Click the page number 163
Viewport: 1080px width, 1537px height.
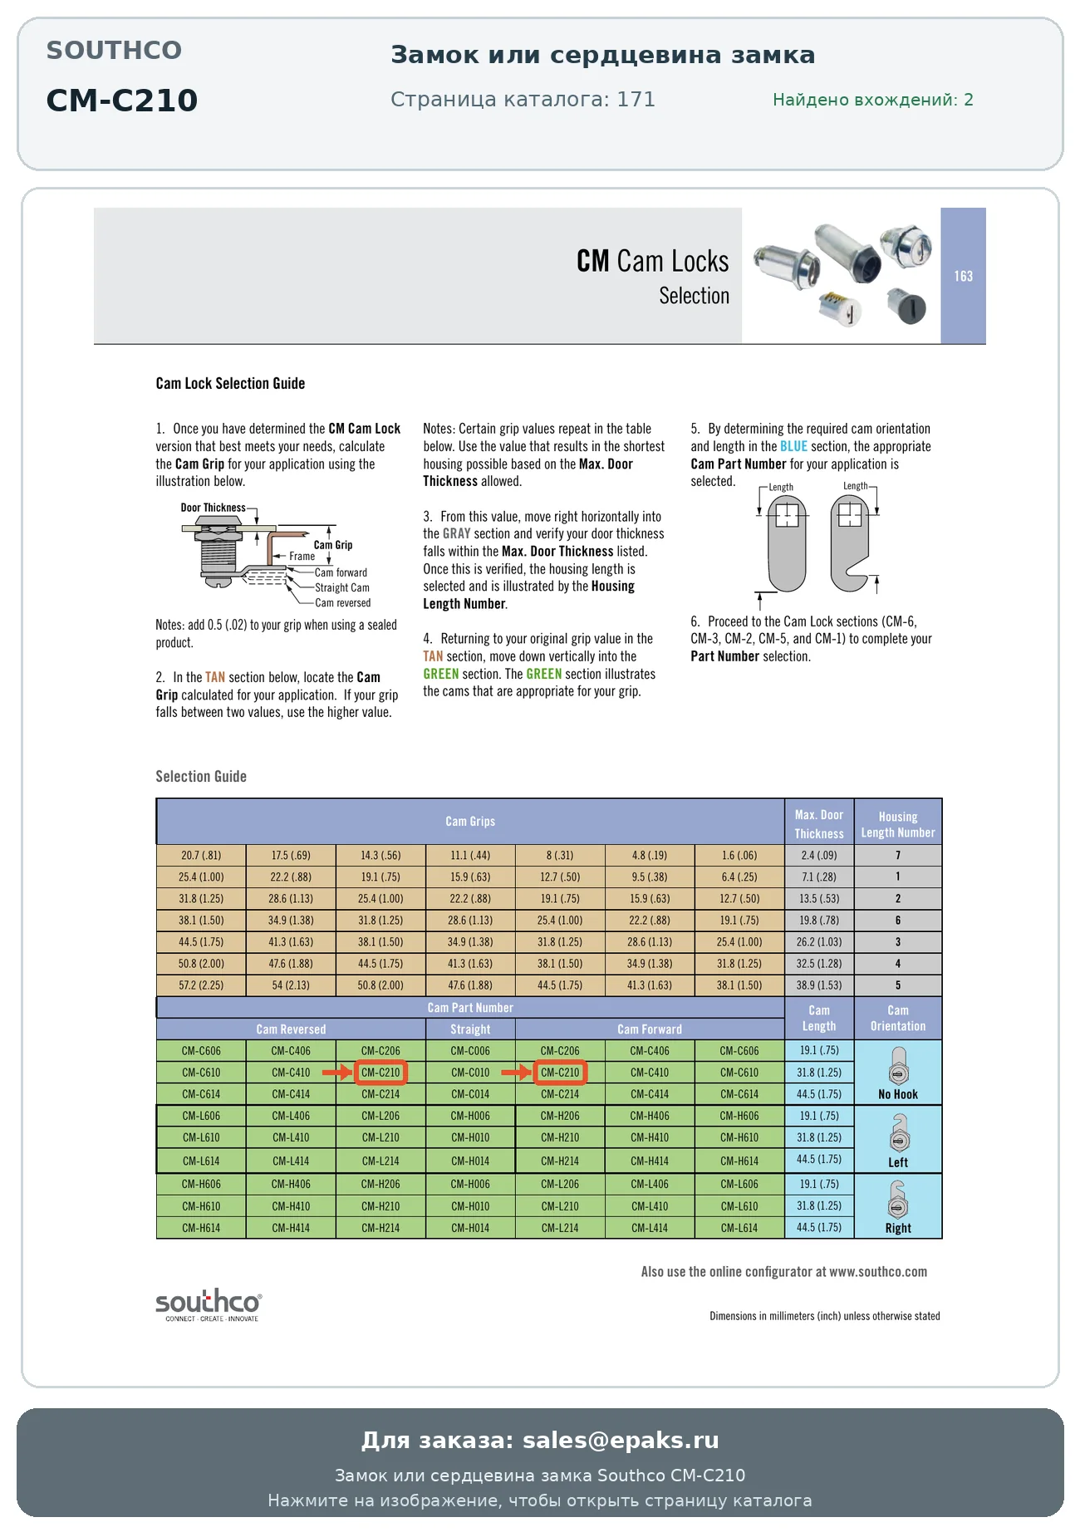(x=963, y=276)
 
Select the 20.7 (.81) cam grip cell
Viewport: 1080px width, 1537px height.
(x=201, y=855)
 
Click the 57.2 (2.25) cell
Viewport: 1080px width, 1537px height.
(x=201, y=985)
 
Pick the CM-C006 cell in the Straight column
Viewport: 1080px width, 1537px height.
(x=470, y=1051)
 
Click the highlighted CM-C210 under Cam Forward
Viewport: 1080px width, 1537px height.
(x=560, y=1073)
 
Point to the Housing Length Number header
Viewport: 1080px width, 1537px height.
(x=898, y=824)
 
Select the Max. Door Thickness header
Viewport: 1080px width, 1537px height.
(x=819, y=824)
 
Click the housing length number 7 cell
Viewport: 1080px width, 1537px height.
(x=898, y=855)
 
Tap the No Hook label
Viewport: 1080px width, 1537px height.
(x=898, y=1094)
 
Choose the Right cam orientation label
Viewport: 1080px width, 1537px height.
(x=898, y=1228)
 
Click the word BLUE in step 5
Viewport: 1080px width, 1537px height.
(x=793, y=446)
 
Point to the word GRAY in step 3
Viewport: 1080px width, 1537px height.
(x=456, y=533)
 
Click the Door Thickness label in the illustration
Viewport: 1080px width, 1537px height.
(x=214, y=508)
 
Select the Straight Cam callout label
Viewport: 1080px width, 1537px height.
(x=342, y=587)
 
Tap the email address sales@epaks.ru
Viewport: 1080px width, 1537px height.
(x=621, y=1440)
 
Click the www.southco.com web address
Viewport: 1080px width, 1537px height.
(x=878, y=1271)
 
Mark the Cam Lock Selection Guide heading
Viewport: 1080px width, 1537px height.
(x=230, y=383)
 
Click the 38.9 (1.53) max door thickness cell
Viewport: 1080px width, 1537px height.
(x=819, y=985)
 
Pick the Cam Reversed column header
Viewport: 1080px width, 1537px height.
(x=291, y=1029)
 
